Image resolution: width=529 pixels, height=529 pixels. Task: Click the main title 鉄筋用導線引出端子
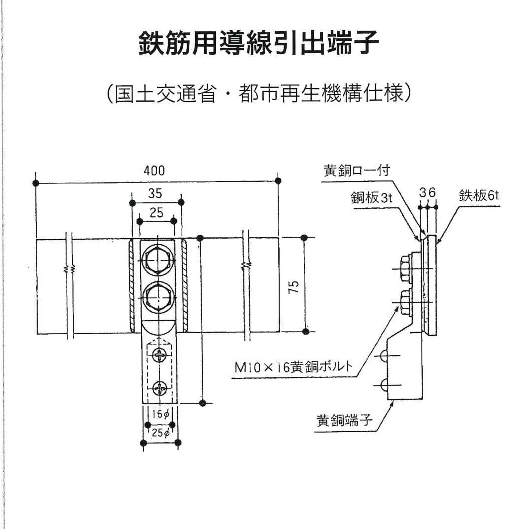click(x=259, y=43)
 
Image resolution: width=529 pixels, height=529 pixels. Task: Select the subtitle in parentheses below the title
click(x=258, y=92)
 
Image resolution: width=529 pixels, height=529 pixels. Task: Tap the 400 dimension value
click(x=154, y=171)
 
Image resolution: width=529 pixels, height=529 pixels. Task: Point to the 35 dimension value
click(x=155, y=193)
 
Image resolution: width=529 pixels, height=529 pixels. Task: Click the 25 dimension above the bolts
click(x=156, y=213)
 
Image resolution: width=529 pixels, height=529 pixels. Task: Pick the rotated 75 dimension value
click(x=294, y=286)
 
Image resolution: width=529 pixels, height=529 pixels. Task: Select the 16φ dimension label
click(x=160, y=414)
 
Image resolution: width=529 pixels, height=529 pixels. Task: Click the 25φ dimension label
click(x=160, y=433)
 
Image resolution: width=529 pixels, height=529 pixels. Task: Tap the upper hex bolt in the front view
click(x=157, y=261)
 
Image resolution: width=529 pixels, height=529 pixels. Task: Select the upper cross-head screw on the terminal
click(x=159, y=355)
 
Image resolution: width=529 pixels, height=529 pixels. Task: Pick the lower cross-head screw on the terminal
click(x=159, y=388)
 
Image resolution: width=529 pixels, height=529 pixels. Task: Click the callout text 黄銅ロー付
click(x=357, y=171)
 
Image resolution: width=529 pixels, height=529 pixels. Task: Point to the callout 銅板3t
click(x=372, y=197)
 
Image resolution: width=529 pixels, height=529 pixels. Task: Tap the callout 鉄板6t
click(x=479, y=195)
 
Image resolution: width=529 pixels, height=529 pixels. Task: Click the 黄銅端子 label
click(x=344, y=420)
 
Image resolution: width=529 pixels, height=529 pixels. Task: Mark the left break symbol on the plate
click(x=69, y=268)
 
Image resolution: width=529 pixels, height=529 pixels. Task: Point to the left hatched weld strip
click(x=132, y=285)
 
